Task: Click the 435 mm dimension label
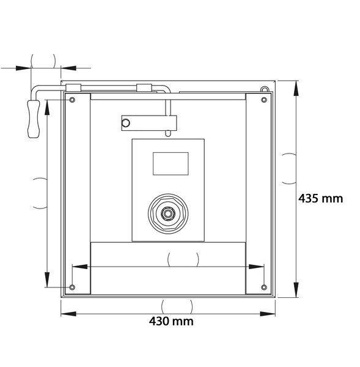(320, 198)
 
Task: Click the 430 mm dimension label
(171, 321)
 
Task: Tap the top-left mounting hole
(72, 100)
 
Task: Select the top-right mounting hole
(264, 100)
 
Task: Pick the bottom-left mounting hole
(72, 287)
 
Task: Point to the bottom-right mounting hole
(264, 287)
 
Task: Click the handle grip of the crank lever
(34, 119)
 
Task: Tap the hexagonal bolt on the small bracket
(126, 123)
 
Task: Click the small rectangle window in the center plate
(171, 163)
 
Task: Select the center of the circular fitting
(167, 213)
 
